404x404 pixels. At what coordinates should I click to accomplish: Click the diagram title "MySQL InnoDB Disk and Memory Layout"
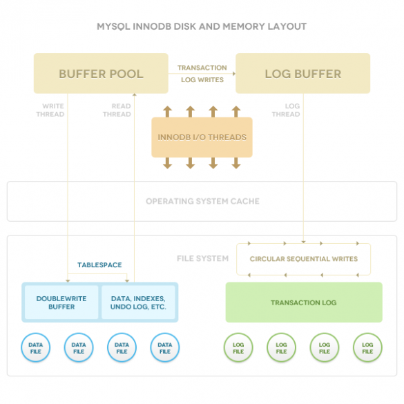tap(202, 26)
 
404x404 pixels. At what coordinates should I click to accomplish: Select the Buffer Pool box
tap(101, 73)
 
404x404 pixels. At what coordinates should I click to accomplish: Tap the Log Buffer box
tap(303, 73)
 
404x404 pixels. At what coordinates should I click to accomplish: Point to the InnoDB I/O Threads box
tap(202, 137)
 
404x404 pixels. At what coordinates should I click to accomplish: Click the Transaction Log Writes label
tap(202, 74)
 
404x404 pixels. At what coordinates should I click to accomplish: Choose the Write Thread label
tap(50, 110)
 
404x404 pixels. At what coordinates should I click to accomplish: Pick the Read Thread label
tap(117, 110)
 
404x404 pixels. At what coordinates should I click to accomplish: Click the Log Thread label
tap(286, 110)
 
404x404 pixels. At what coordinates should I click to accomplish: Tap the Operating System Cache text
tap(202, 201)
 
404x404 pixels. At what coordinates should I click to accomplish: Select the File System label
tap(203, 258)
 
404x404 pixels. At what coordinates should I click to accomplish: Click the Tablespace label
tap(99, 265)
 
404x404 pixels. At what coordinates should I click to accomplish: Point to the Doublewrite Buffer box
tap(61, 302)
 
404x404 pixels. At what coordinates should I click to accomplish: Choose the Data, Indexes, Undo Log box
tap(138, 302)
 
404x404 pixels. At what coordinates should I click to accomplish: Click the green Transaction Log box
tap(304, 302)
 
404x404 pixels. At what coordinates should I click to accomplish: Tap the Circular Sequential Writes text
tap(304, 259)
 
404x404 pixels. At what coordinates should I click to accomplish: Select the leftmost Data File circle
tap(35, 348)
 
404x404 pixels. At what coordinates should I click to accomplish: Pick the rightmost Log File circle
tap(367, 348)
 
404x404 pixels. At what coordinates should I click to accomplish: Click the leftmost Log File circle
tap(238, 348)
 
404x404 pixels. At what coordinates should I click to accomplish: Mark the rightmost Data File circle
tap(165, 348)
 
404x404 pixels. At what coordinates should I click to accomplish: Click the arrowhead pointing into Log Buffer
tap(234, 74)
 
